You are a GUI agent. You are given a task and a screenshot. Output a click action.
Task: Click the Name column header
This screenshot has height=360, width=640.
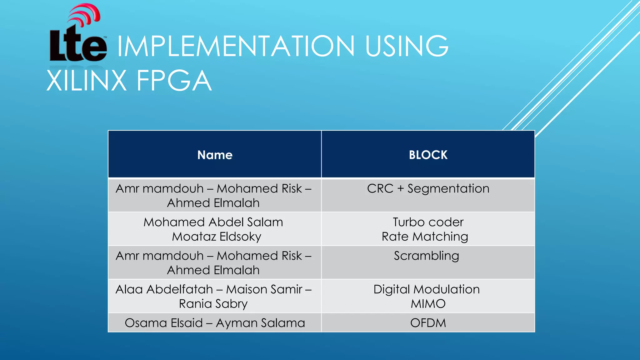coord(215,155)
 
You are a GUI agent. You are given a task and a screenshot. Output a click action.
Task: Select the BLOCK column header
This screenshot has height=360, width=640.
coord(428,155)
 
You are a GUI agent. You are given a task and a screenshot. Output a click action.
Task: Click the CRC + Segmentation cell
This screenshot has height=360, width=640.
coord(428,189)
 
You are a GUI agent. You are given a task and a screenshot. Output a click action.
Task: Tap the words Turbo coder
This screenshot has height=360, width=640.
coord(428,222)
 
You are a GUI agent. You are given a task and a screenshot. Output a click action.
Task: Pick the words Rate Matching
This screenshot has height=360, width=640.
coord(425,237)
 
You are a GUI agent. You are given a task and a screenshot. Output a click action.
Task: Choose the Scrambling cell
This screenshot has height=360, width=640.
coord(427,256)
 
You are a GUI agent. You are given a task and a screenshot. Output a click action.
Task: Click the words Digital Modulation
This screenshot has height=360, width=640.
coord(427,289)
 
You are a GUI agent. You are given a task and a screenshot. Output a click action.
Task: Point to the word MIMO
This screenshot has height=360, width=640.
coord(428,304)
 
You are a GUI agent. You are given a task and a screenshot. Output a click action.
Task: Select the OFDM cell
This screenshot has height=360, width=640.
coord(428,323)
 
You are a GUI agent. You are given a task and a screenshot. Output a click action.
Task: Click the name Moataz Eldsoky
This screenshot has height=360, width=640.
coord(217,237)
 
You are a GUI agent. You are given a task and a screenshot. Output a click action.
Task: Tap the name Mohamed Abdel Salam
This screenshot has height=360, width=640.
coord(213,222)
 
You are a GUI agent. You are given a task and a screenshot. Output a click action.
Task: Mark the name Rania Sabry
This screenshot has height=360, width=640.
coord(213,304)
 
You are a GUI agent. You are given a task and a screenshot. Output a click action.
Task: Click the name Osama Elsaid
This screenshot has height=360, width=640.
coord(164,323)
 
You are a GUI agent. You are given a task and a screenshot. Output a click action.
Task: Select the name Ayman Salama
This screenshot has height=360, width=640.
coord(260,323)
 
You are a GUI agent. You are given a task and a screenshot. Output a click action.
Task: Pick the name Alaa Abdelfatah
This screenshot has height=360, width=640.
coord(164,289)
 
